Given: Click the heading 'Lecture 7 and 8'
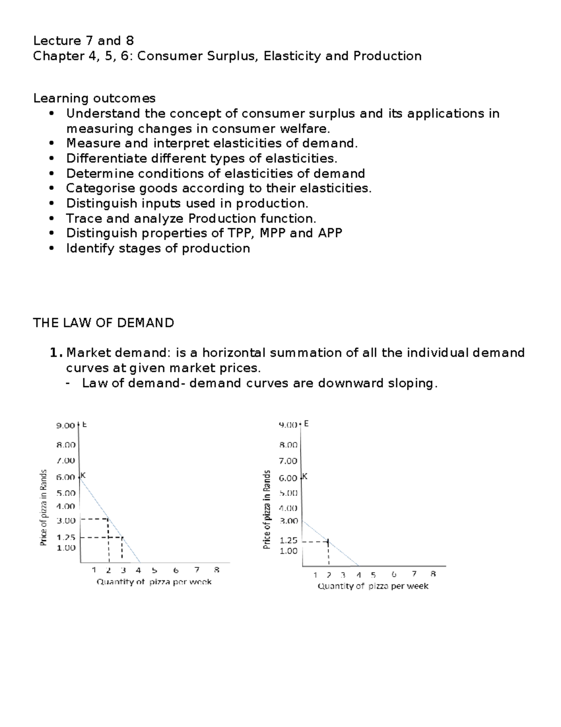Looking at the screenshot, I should coord(83,41).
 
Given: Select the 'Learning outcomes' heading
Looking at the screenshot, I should coord(94,98).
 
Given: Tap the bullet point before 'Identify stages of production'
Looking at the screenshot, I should coord(51,249).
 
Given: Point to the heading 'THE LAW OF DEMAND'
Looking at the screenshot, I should coord(103,323).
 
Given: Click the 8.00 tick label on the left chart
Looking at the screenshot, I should coord(66,445).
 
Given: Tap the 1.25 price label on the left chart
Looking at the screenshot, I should coord(66,538).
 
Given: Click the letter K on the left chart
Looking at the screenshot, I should coord(83,475).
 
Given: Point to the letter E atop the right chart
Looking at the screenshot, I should coord(306,424).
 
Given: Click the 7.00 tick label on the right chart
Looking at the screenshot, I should coord(288,461).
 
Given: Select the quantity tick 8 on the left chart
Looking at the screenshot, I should coord(216,570).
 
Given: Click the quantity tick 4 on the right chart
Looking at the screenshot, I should coord(359,575).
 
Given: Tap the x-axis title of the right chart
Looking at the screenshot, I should coord(373,586).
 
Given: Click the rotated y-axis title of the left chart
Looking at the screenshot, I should coord(43,507).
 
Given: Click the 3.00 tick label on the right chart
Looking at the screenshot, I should coord(288,521).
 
